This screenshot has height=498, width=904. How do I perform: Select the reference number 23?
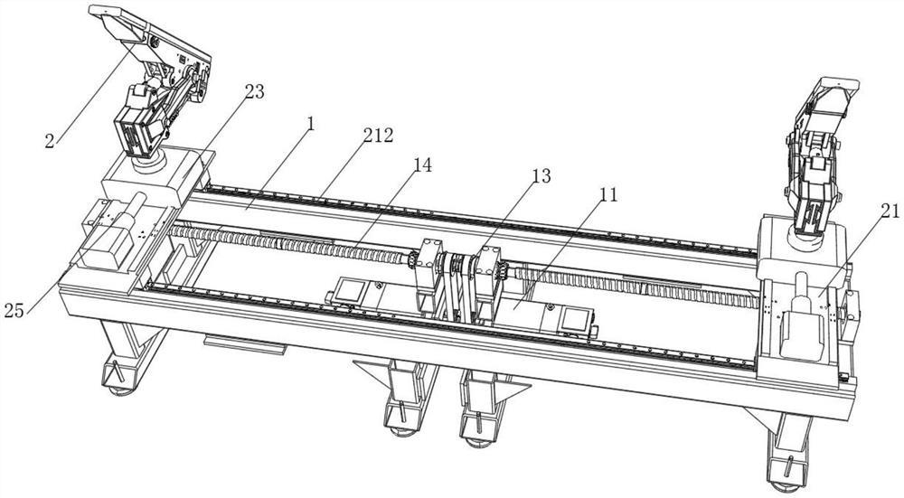click(x=254, y=91)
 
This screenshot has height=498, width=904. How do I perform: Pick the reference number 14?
click(x=422, y=165)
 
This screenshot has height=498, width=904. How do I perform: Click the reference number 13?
click(x=541, y=176)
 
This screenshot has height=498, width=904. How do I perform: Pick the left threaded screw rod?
click(x=289, y=243)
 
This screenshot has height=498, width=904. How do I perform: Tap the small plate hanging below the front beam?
click(x=245, y=343)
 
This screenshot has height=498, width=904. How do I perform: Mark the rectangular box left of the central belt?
click(x=353, y=291)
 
